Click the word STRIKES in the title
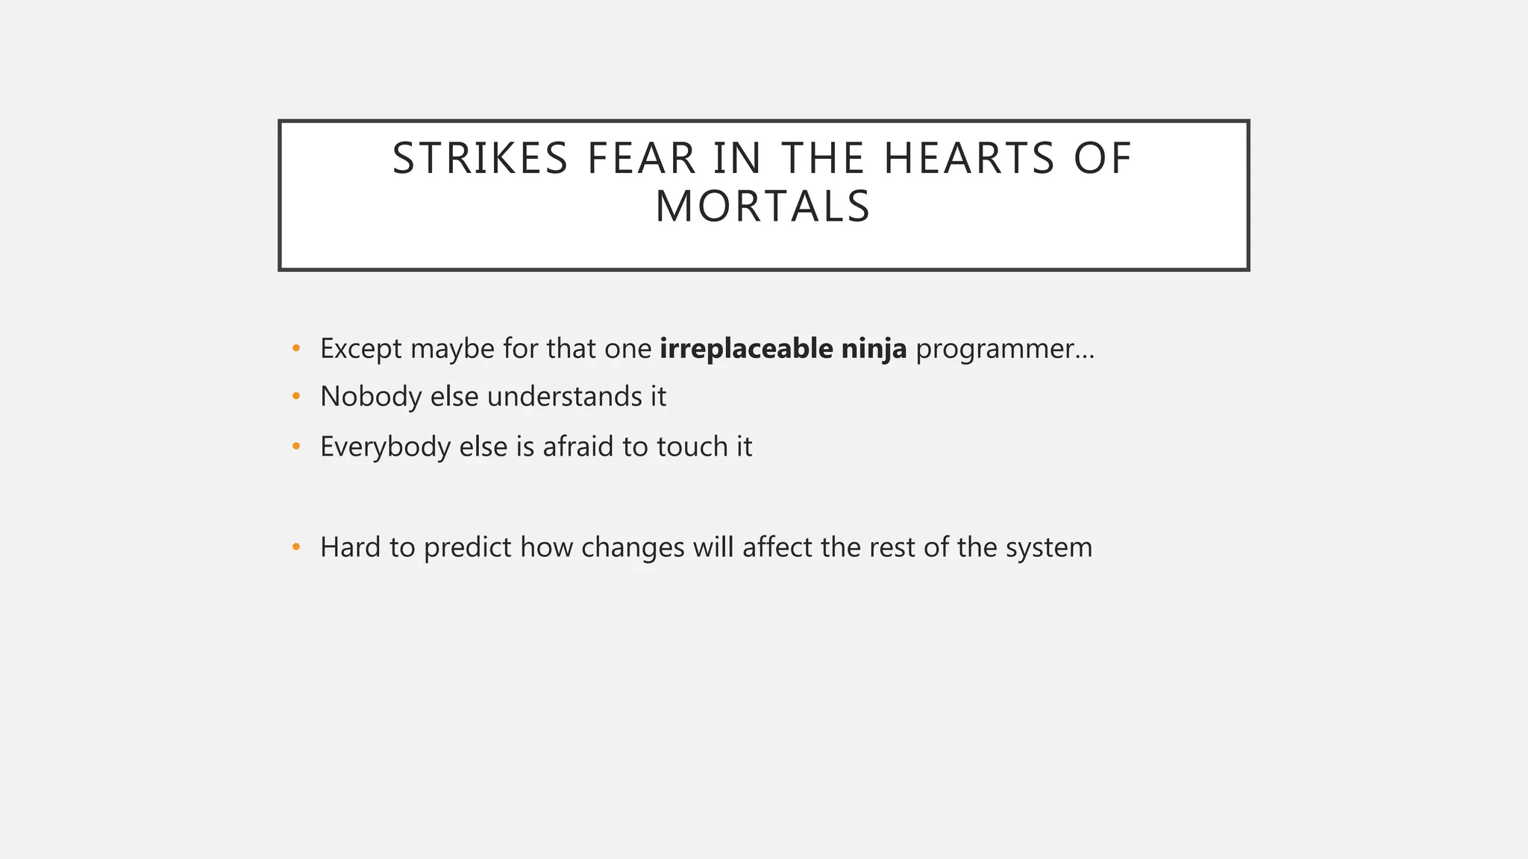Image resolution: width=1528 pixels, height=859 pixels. tap(480, 159)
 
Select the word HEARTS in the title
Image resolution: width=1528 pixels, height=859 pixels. tap(969, 159)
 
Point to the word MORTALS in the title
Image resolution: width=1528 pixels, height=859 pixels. tap(763, 207)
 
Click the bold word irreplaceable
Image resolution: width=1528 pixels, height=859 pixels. tap(746, 348)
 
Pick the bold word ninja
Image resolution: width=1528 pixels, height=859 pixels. tap(874, 349)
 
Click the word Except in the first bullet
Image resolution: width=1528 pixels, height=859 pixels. tap(360, 349)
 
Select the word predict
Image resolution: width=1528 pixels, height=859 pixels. tap(467, 548)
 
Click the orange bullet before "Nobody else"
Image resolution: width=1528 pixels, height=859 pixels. tap(296, 397)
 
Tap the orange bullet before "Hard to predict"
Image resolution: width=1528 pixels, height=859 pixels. tap(296, 547)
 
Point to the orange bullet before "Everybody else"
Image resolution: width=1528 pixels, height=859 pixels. tap(296, 447)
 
